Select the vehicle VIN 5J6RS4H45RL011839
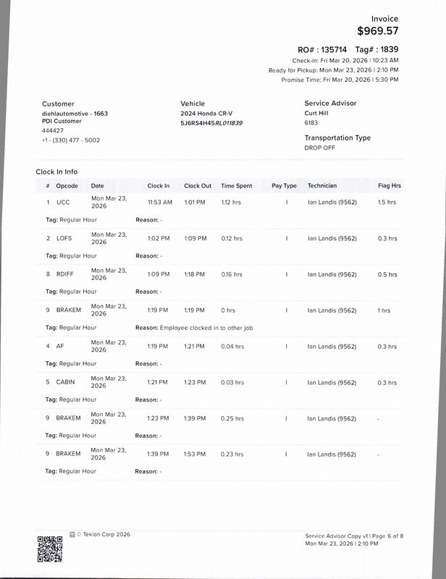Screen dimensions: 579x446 tap(211, 123)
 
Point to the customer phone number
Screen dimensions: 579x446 tap(71, 140)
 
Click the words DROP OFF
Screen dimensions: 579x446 tap(319, 147)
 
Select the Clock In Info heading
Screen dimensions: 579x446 tap(56, 172)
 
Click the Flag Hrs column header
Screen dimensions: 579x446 tap(390, 186)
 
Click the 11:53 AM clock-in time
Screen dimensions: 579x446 tap(159, 202)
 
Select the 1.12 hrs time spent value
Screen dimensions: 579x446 tap(231, 202)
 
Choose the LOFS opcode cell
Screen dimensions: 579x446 tap(64, 238)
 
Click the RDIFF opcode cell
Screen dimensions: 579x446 tap(65, 274)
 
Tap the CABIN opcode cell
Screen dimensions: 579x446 tap(66, 382)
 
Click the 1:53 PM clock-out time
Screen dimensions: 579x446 tap(195, 454)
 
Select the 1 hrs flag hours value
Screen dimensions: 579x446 tap(384, 310)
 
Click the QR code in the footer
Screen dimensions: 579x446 tap(49, 549)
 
